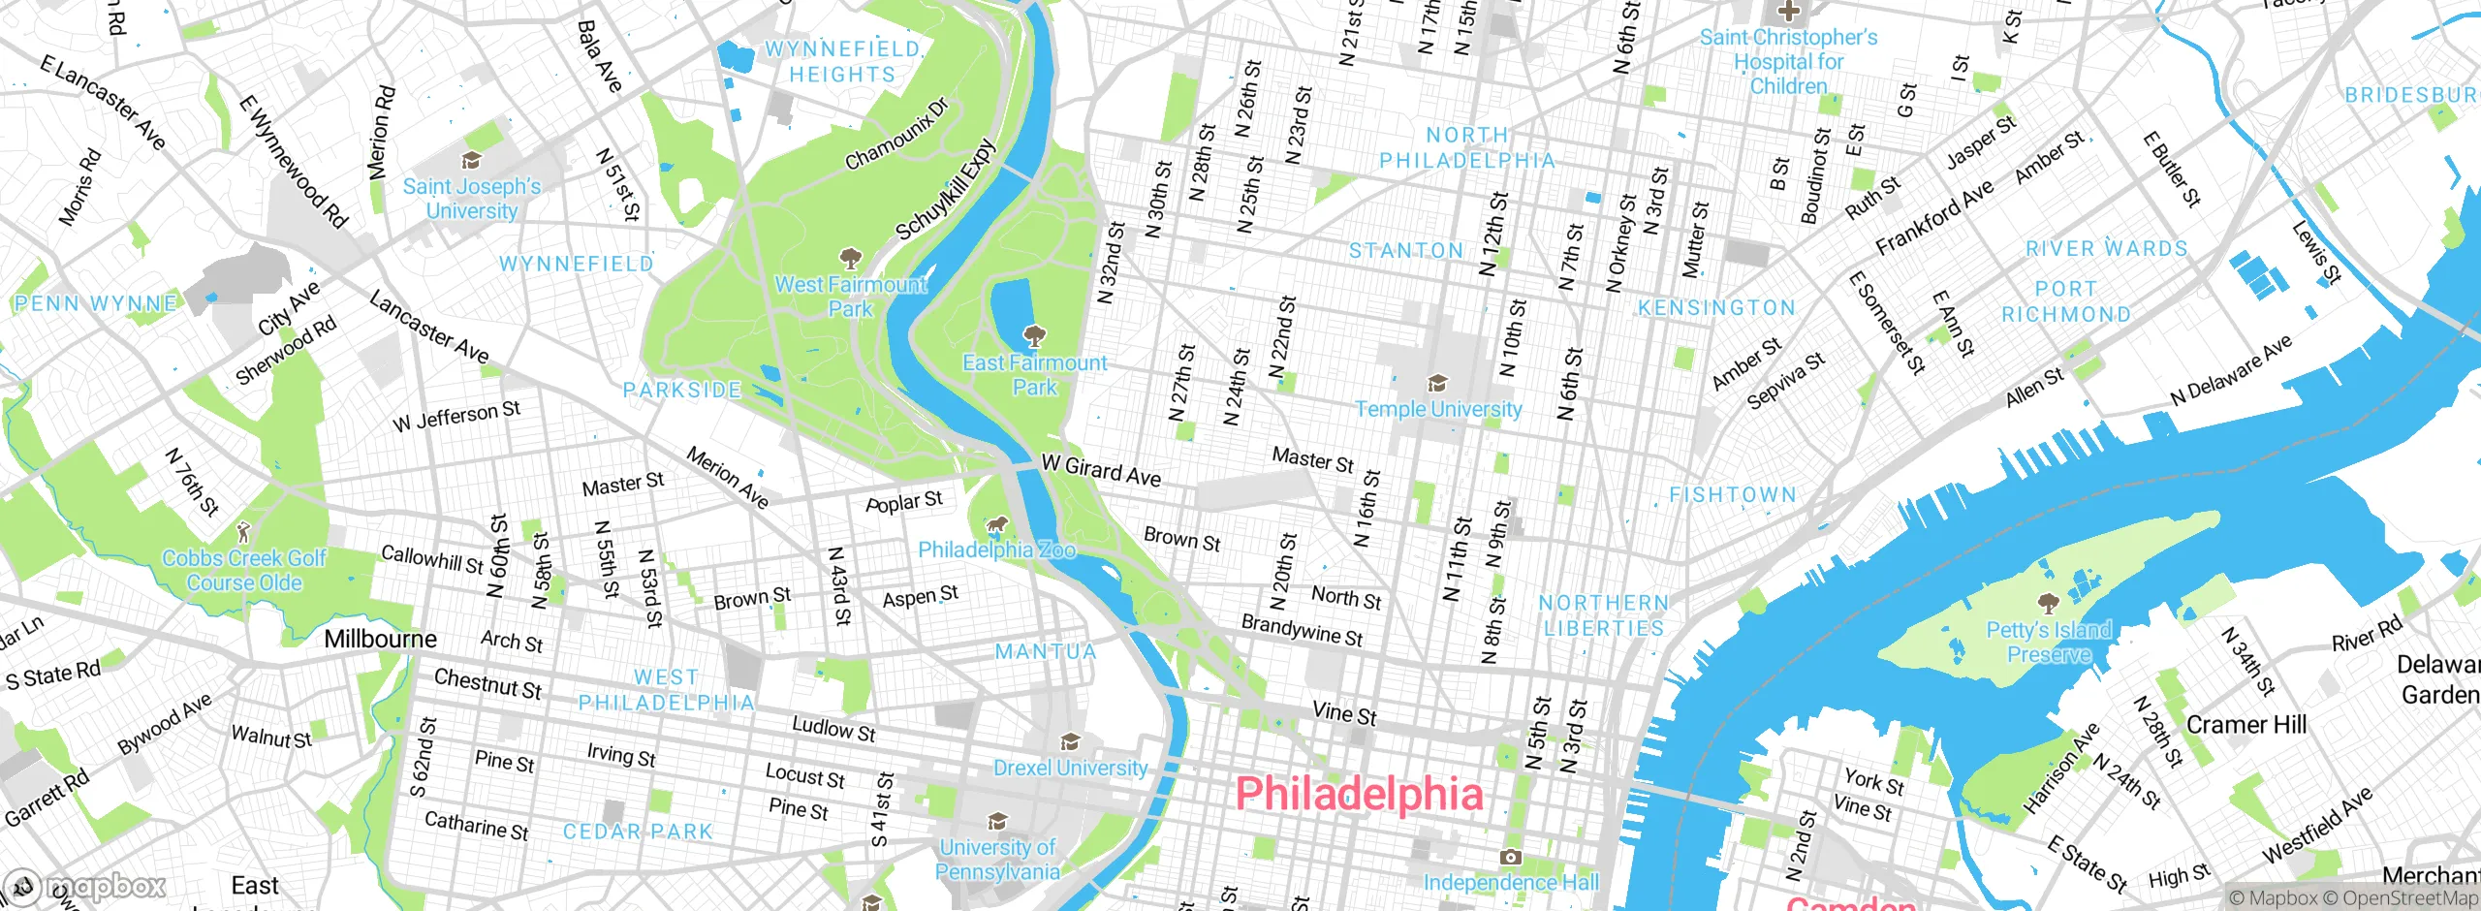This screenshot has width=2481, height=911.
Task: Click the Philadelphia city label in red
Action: pos(1359,794)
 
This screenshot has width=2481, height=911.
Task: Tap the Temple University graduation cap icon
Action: pos(1438,384)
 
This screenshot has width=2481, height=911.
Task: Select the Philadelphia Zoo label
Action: pos(996,550)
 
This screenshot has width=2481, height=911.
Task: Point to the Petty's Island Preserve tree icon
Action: pos(2048,604)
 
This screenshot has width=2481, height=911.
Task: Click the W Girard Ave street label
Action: pos(1100,470)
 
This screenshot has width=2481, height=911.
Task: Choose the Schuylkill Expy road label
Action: pos(945,190)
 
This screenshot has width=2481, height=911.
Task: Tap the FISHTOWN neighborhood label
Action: pos(1733,495)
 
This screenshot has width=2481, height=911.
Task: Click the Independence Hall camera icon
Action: pos(1510,858)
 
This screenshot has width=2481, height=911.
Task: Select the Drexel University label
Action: pos(1070,768)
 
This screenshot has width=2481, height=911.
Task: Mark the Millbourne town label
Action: pos(380,639)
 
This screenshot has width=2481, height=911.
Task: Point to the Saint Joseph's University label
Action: pos(472,199)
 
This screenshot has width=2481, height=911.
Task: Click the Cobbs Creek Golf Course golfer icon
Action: pos(244,532)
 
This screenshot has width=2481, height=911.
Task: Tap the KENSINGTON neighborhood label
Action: pos(1716,308)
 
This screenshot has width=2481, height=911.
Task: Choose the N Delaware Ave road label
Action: pos(2231,370)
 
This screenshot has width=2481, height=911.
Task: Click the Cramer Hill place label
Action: pos(2245,725)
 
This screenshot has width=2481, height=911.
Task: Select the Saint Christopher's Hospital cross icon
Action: pos(1788,13)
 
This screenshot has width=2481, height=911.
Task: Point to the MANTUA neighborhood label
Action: pos(1046,652)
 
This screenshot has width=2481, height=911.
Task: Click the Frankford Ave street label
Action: pos(1933,218)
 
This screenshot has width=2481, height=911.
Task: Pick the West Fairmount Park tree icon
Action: pos(850,259)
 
